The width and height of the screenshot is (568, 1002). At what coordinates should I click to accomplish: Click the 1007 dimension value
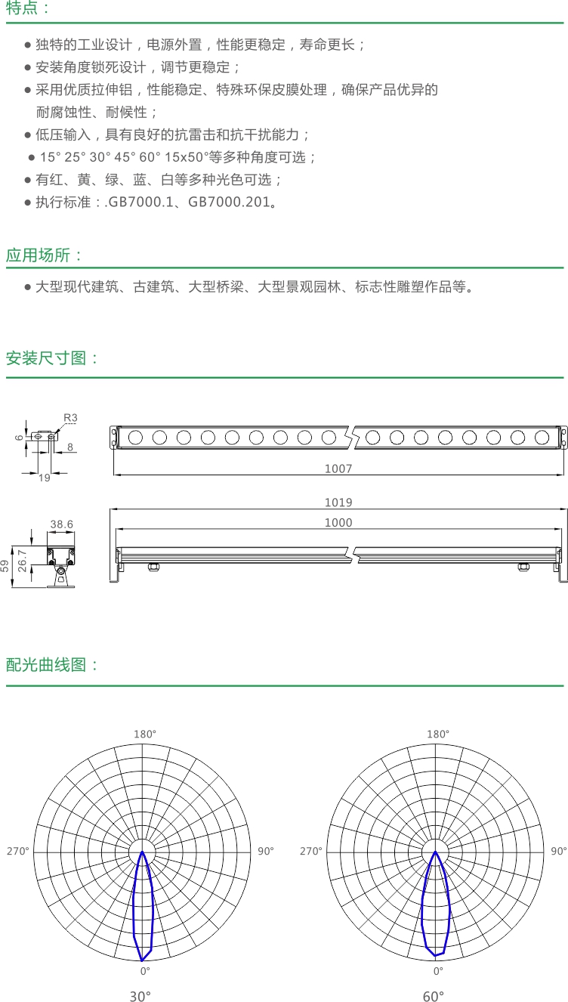tap(338, 469)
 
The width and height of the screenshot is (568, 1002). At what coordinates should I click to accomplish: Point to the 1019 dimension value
tap(338, 503)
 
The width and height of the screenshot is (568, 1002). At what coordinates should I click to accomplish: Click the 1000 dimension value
tap(338, 522)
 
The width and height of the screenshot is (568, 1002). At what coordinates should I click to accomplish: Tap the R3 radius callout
tap(70, 418)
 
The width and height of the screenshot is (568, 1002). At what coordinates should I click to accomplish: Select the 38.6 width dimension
tap(61, 524)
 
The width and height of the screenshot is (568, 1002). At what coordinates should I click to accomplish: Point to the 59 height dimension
tap(5, 566)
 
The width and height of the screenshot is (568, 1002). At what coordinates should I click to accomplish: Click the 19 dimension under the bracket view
tap(45, 478)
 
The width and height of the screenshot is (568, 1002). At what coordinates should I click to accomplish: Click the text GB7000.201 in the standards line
tap(229, 202)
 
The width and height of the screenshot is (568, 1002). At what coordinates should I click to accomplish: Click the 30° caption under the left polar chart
tap(140, 996)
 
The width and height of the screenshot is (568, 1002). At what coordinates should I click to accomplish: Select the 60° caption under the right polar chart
tap(433, 996)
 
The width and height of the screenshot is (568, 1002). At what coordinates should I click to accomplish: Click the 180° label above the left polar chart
tap(145, 734)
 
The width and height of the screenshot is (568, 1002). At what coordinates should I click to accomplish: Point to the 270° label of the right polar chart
tap(311, 851)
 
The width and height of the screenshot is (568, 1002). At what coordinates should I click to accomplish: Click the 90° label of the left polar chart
tap(266, 851)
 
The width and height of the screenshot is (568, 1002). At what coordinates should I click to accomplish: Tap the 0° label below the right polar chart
tap(438, 971)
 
